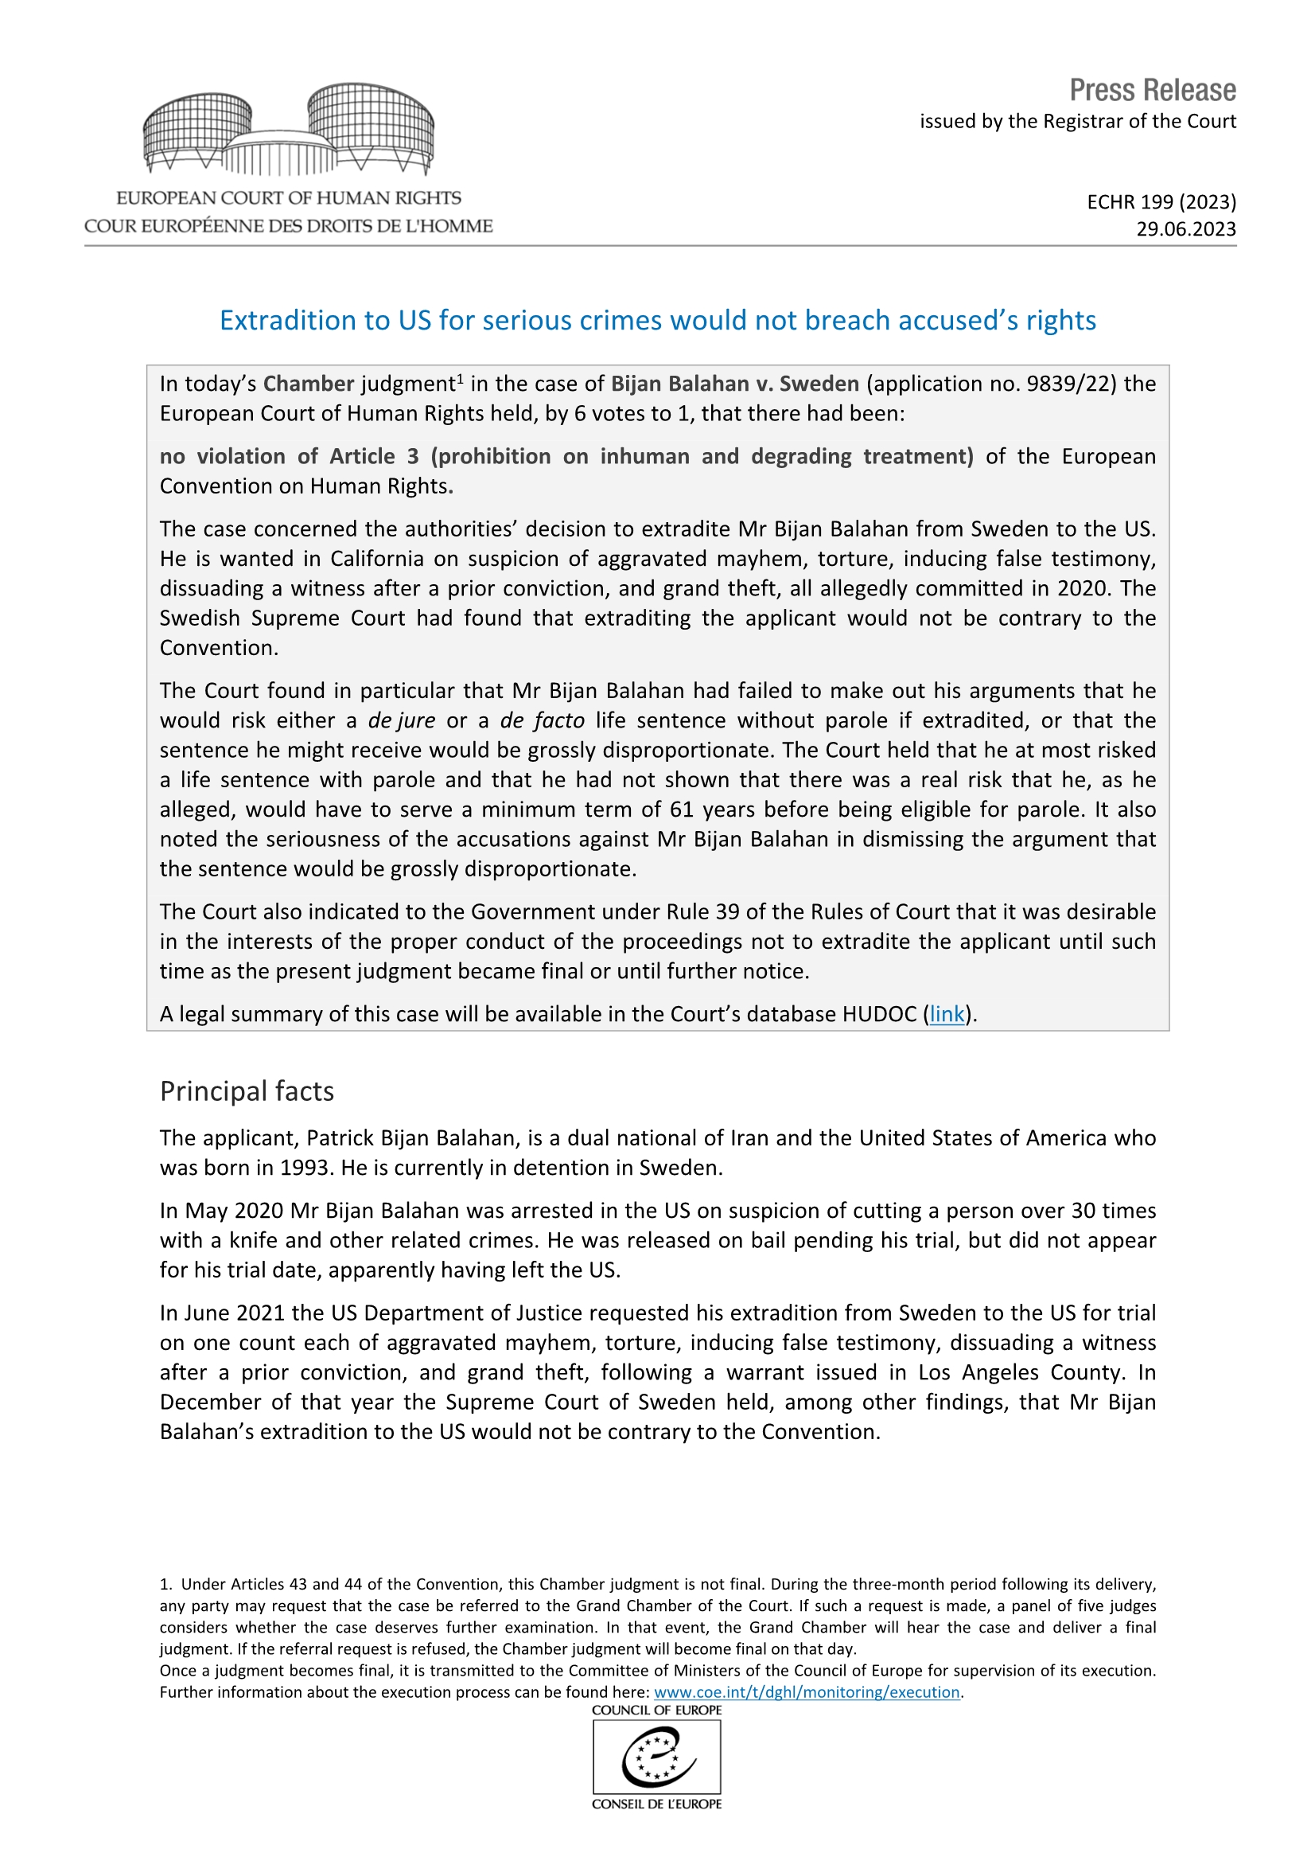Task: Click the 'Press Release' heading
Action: (1151, 90)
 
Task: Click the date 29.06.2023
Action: (1185, 229)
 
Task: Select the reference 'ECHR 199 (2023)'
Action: (1161, 202)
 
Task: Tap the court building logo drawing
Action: (289, 130)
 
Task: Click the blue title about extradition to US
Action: (657, 320)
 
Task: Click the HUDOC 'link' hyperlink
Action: (947, 1014)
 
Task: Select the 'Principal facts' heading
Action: (247, 1091)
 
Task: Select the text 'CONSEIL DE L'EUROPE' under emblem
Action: (657, 1804)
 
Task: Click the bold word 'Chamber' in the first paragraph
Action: (309, 384)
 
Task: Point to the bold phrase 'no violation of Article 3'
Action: (289, 456)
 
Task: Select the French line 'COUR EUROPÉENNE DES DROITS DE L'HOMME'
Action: (289, 226)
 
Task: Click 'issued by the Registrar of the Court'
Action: (1077, 122)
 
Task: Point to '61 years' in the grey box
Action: (709, 810)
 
